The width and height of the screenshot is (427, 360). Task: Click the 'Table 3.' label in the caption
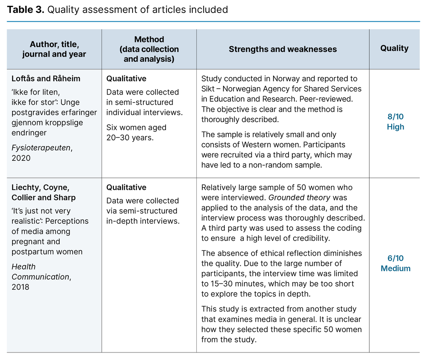click(x=25, y=10)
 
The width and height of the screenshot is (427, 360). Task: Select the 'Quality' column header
click(x=394, y=48)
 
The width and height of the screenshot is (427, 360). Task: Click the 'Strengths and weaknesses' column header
click(x=282, y=49)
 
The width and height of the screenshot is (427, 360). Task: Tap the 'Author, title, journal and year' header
click(x=54, y=49)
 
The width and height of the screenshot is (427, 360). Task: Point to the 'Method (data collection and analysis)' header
click(x=149, y=49)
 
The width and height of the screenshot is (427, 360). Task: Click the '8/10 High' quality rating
click(x=395, y=122)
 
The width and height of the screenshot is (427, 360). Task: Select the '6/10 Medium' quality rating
click(x=395, y=263)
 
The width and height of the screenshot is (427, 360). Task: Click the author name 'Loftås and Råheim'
click(x=46, y=78)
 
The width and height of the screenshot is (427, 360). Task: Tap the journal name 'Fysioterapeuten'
click(x=41, y=147)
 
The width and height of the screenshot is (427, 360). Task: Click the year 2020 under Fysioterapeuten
click(x=20, y=158)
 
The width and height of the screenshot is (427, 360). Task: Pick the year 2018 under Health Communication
click(x=20, y=287)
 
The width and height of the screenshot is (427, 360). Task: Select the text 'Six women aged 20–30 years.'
click(x=136, y=132)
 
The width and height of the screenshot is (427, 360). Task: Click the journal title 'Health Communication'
click(x=40, y=272)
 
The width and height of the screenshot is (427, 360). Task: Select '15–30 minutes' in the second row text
click(x=229, y=284)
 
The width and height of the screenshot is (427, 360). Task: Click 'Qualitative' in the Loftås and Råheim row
click(x=126, y=78)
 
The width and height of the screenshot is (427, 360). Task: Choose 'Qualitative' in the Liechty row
click(x=126, y=187)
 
